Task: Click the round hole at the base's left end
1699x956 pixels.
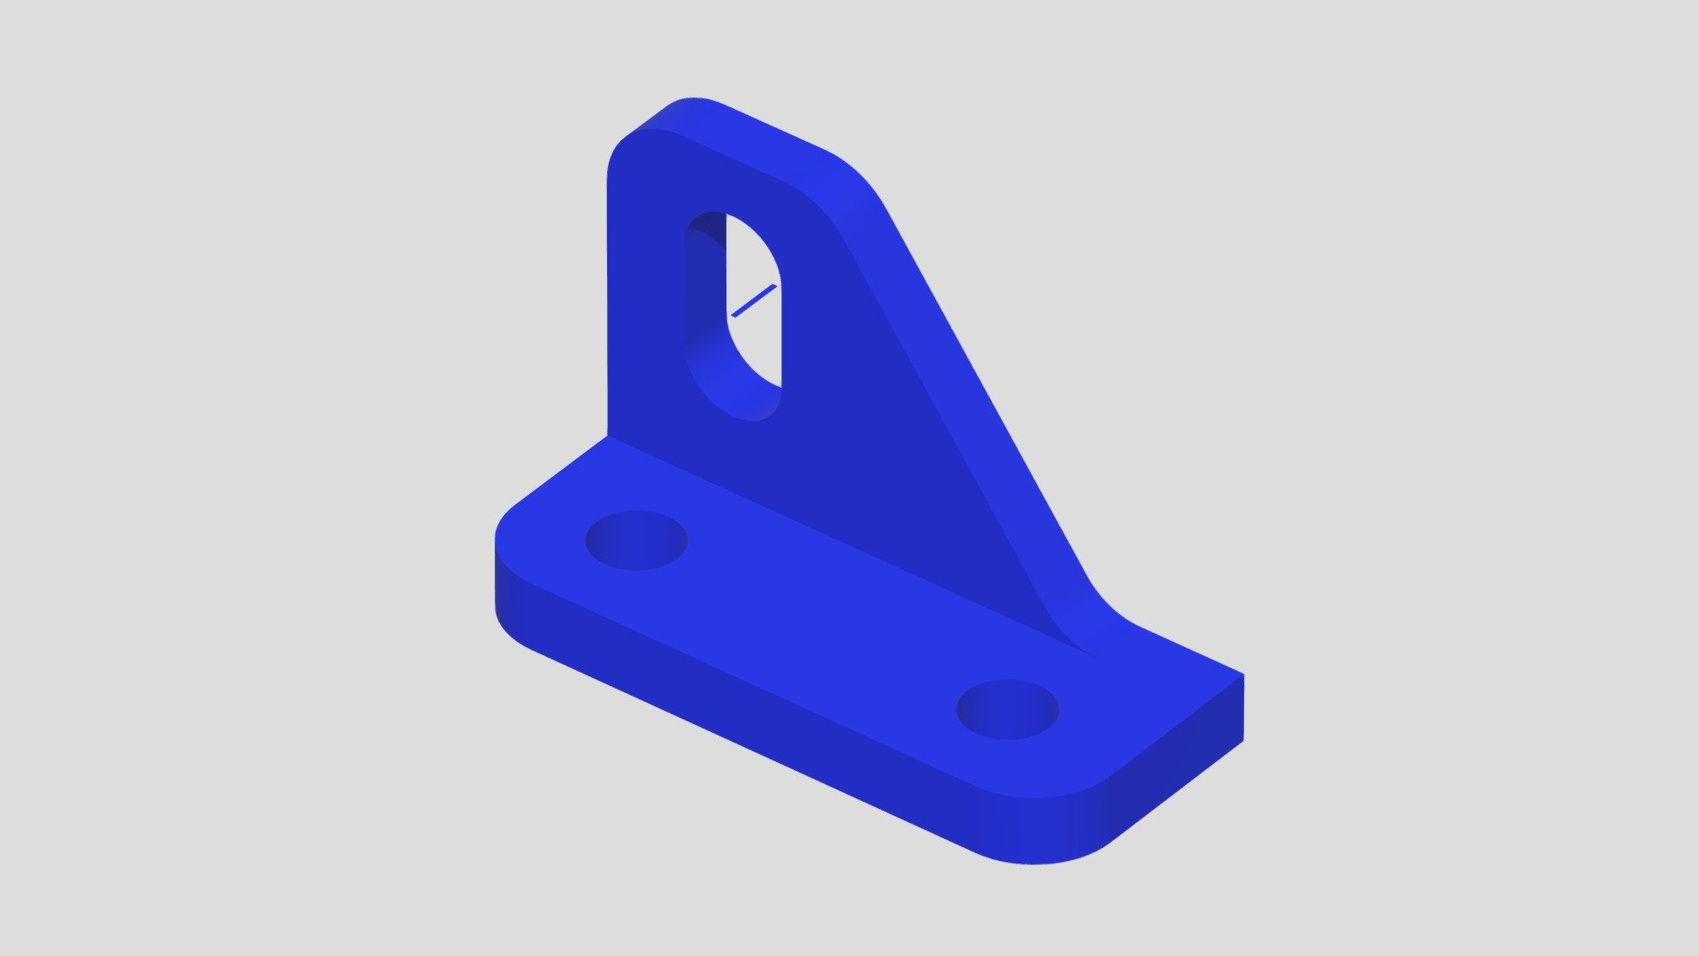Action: point(636,540)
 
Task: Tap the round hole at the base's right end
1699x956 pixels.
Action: point(1007,708)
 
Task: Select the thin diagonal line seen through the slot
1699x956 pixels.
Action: point(754,301)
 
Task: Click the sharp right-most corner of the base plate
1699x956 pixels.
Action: point(1242,676)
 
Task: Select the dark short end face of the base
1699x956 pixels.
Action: point(1177,779)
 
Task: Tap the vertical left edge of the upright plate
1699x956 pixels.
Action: point(608,310)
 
